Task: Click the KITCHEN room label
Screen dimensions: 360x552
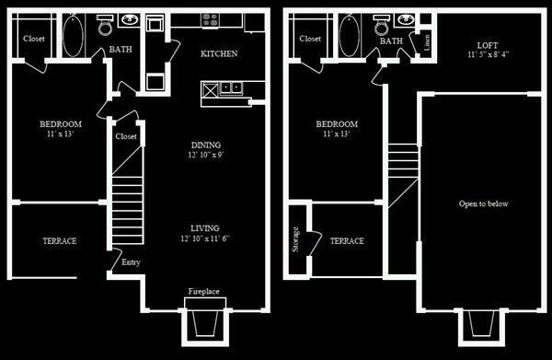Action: pos(219,53)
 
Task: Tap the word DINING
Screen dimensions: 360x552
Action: pos(205,145)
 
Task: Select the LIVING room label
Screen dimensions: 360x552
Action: pos(205,227)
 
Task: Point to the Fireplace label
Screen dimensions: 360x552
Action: pos(204,291)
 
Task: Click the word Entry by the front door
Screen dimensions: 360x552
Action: pos(131,262)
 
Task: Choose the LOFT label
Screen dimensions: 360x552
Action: pos(488,44)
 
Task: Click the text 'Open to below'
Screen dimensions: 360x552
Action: pos(484,203)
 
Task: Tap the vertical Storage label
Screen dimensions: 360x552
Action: pos(295,238)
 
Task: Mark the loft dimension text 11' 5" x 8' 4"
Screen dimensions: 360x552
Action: pos(487,55)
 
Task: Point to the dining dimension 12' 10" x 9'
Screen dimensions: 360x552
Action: pos(205,156)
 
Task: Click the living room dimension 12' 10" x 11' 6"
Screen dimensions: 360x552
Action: pos(205,238)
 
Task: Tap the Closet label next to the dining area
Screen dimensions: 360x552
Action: pos(126,136)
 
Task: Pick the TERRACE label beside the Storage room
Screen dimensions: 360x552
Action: pos(347,241)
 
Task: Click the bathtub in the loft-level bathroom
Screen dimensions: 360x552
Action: pos(349,38)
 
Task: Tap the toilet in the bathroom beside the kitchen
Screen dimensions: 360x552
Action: pos(104,21)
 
